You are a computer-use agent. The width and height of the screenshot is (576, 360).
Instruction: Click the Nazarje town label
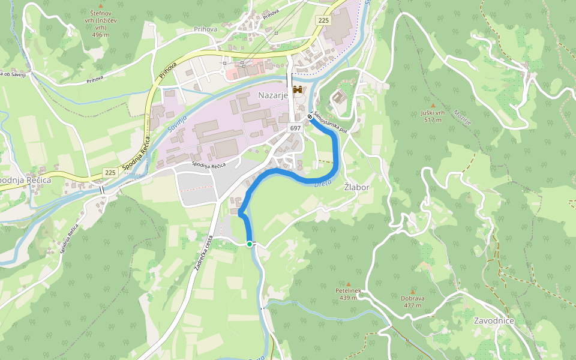pos(274,95)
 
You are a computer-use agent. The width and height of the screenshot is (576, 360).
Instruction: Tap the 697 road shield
pos(295,128)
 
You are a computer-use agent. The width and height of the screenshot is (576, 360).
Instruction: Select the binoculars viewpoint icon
pos(298,89)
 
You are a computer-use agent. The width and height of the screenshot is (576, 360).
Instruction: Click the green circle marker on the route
pos(250,244)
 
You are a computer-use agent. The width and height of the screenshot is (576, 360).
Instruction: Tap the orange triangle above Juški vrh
pos(433,106)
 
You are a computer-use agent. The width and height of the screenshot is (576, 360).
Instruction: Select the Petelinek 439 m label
pos(348,294)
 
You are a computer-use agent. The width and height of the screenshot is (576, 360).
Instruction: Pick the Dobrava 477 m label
pos(413,301)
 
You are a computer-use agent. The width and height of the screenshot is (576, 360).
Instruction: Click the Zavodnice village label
pos(494,320)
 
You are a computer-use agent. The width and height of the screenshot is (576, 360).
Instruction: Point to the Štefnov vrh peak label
pos(100,23)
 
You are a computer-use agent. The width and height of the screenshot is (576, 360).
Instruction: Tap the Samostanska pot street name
pos(329,121)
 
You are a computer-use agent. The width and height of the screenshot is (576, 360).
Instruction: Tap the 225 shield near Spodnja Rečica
pos(110,172)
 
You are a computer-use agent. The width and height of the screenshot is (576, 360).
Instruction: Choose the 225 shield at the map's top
pos(324,20)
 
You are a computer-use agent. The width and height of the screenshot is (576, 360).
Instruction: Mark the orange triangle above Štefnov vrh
pos(100,5)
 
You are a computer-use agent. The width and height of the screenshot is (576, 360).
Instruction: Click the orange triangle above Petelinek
pos(348,283)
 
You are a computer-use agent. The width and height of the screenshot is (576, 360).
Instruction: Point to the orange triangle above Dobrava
pos(413,291)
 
